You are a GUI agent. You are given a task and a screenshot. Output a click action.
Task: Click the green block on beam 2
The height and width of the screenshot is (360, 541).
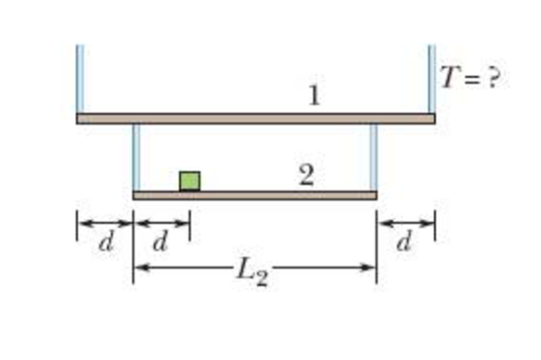190,181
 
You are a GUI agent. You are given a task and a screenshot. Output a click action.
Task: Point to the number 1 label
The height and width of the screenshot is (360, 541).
313,96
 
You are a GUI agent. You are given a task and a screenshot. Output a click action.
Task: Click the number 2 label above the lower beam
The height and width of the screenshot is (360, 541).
307,175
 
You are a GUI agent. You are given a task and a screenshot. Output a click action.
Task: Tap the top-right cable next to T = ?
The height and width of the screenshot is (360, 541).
431,78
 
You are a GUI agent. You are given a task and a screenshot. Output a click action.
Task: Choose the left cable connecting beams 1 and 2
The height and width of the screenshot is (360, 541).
135,157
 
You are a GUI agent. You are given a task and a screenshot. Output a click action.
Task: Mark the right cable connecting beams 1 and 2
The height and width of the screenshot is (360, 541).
374,157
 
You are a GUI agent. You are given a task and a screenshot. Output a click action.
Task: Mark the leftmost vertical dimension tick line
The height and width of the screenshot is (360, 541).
77,226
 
